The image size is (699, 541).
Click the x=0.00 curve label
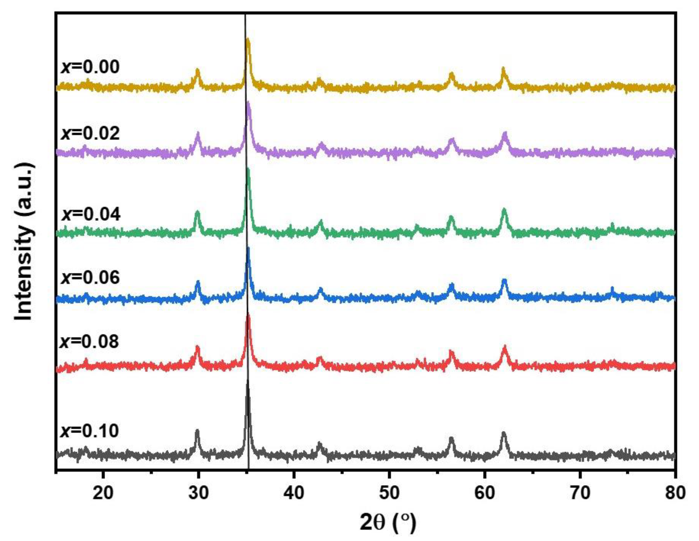click(x=90, y=67)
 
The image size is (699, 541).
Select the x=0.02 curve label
click(x=90, y=133)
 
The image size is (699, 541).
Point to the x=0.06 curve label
click(x=90, y=277)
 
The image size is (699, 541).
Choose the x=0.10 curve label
click(x=90, y=431)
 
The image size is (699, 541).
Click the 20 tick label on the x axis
click(x=103, y=493)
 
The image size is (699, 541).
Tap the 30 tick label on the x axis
click(x=198, y=493)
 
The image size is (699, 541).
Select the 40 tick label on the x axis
click(x=294, y=493)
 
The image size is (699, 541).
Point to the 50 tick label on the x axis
click(x=389, y=493)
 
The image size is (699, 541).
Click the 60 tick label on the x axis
click(x=485, y=493)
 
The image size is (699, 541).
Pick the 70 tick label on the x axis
click(x=580, y=493)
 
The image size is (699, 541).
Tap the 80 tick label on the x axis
click(x=675, y=493)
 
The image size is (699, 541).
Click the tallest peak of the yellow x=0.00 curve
click(x=247, y=39)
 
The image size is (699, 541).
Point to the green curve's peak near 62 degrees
click(x=504, y=209)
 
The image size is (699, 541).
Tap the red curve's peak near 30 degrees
click(x=197, y=347)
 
